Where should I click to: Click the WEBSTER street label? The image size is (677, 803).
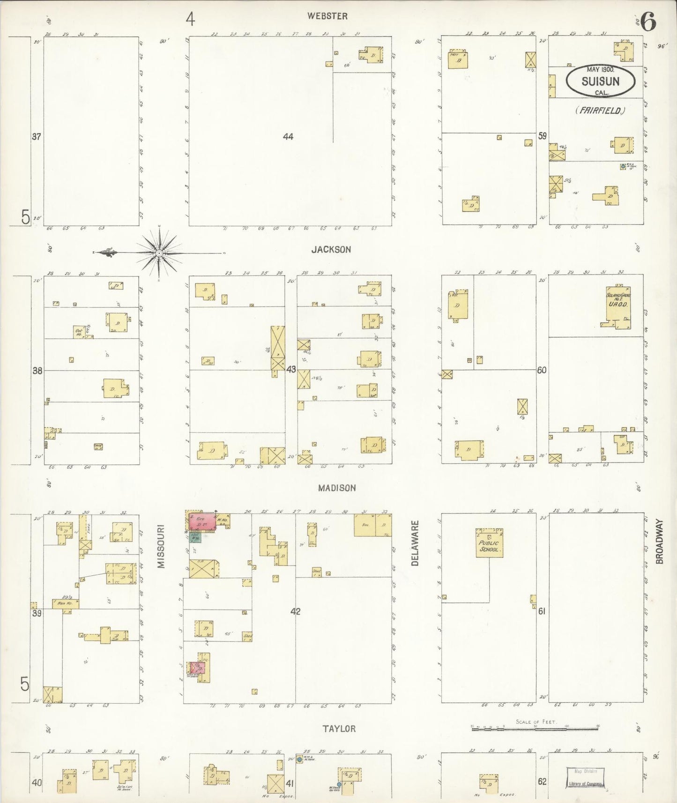coord(327,16)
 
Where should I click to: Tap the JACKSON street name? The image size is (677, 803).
coord(331,250)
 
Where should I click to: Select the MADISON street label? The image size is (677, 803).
coord(336,488)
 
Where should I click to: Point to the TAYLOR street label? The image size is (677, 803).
coord(339,729)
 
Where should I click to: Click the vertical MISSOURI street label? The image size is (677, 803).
coord(161,547)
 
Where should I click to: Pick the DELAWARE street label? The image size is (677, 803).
coord(415,543)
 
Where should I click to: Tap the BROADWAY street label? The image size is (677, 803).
coord(660,541)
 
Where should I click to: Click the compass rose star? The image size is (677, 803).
coord(159,253)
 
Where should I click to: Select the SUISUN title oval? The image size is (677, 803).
coord(600,81)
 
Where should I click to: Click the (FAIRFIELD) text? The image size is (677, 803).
coord(600,111)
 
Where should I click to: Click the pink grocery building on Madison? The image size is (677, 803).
coord(202,521)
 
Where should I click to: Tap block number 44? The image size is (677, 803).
coord(288,137)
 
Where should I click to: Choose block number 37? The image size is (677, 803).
coord(37,137)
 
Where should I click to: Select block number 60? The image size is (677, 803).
coord(542,370)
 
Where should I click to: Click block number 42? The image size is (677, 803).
coord(295,611)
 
